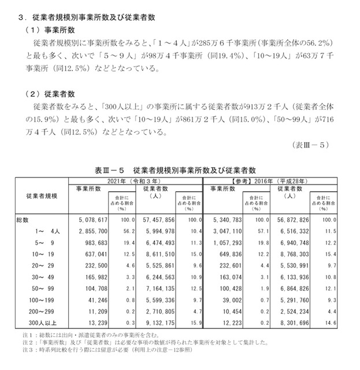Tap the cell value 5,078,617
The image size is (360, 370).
tap(88, 220)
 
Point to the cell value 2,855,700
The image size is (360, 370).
tap(88, 231)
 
